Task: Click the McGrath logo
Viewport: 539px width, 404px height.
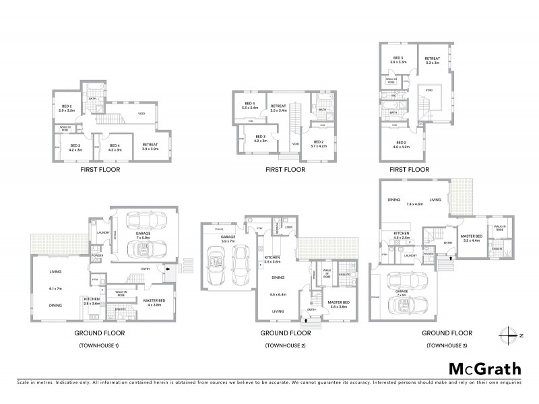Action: pos(484,368)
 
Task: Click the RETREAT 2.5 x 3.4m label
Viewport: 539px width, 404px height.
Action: pos(278,108)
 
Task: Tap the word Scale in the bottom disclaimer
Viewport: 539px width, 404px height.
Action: pos(25,382)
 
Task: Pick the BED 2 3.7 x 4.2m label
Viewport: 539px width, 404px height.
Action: pos(319,143)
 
